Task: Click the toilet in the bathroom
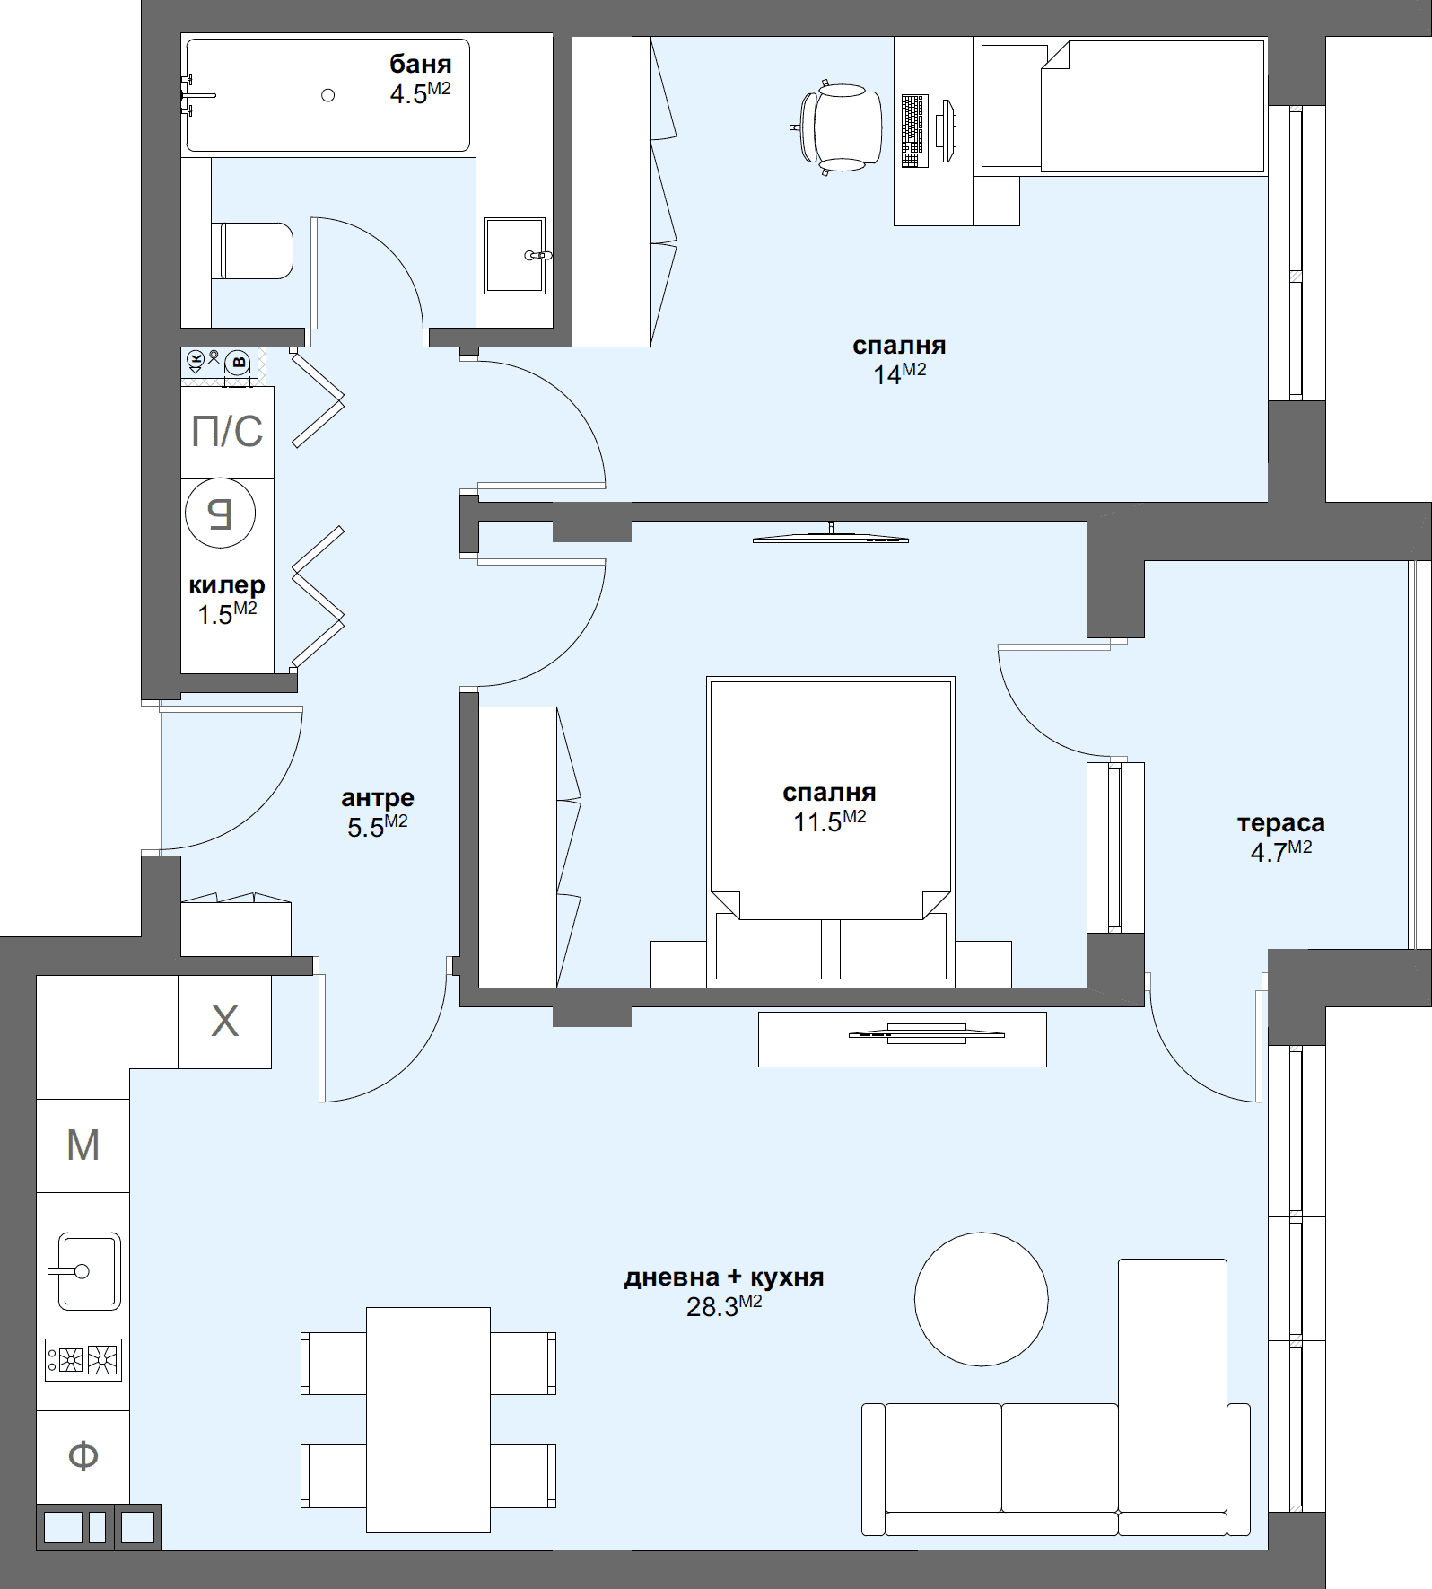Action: click(256, 250)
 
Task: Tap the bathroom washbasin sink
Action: click(514, 255)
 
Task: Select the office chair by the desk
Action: click(840, 127)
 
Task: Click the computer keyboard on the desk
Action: click(912, 131)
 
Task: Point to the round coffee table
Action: click(981, 1299)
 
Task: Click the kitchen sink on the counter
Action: click(88, 1271)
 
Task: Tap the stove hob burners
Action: click(83, 1360)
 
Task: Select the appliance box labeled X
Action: click(224, 1022)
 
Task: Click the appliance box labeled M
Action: click(83, 1146)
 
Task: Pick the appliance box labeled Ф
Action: click(83, 1455)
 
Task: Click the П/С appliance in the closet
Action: click(227, 432)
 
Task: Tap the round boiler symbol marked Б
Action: click(221, 514)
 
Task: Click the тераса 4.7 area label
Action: click(1280, 837)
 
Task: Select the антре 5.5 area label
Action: click(377, 812)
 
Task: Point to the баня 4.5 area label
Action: click(420, 78)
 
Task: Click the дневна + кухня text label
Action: click(723, 1277)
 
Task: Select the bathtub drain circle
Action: click(328, 95)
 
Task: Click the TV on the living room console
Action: click(925, 1033)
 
